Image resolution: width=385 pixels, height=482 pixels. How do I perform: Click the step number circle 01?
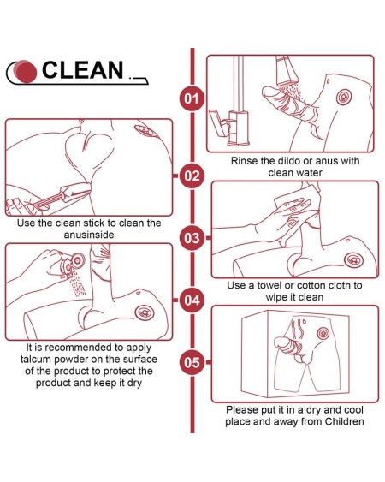[192, 99]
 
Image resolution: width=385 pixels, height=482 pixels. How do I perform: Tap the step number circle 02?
[192, 176]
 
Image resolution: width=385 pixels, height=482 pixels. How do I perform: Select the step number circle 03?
[192, 238]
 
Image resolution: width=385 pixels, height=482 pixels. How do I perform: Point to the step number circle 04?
[192, 301]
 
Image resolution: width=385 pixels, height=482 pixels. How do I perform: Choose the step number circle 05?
[192, 362]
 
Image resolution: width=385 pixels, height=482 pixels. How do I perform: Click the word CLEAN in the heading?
[83, 70]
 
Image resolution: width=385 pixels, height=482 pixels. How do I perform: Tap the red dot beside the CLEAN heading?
[26, 72]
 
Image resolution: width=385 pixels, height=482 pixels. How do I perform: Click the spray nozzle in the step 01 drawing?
[287, 71]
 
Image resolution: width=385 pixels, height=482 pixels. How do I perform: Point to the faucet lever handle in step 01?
[219, 122]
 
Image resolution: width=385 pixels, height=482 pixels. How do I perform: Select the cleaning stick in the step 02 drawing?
[62, 196]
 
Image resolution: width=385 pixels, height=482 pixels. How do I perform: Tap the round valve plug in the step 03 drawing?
[353, 260]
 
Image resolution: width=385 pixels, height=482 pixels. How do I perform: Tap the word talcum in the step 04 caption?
[36, 360]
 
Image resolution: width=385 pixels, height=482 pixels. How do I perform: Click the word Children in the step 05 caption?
[345, 421]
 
